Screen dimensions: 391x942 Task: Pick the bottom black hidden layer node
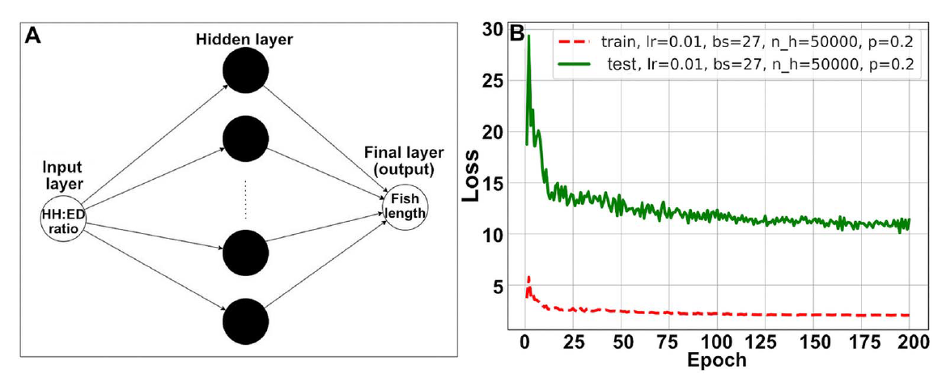coord(245,321)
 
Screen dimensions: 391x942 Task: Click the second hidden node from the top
coord(245,138)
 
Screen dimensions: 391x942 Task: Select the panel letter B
coord(513,34)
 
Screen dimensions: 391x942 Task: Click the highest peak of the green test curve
coord(528,36)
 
